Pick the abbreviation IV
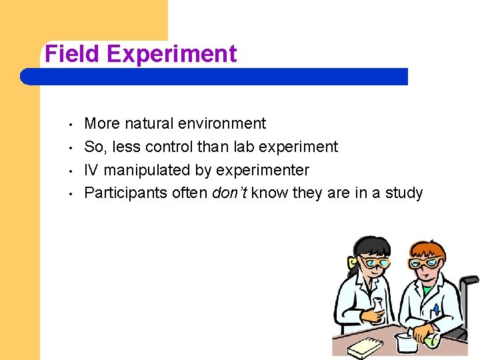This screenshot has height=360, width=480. coord(91,170)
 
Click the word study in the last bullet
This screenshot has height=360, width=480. coord(403,193)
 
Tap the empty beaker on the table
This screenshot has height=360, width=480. coord(405,342)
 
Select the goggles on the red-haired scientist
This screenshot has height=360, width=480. coord(425,263)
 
